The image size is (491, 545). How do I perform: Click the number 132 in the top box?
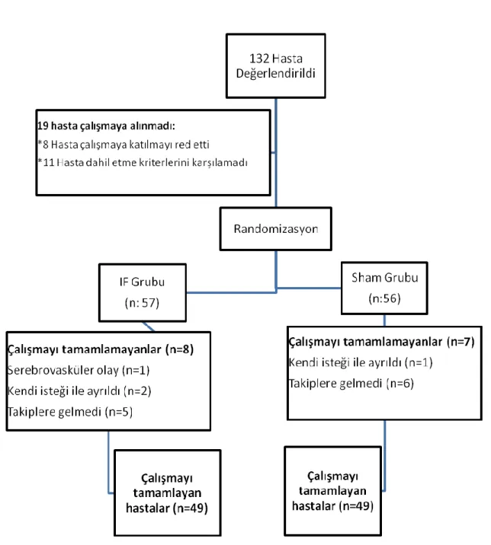pos(259,59)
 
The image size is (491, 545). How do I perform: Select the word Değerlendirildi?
pos(276,74)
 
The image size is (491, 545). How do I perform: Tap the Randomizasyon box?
pos(276,228)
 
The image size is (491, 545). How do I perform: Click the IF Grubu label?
pos(142,282)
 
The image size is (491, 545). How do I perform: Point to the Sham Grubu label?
pos(385,277)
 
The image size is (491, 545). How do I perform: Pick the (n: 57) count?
pos(142,303)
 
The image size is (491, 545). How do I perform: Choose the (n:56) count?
pos(385,298)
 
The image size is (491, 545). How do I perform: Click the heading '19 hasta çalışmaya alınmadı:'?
pos(106,126)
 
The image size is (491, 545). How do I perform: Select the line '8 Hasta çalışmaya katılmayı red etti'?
pos(124,145)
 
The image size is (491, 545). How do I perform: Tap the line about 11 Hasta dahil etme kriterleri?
pos(143,162)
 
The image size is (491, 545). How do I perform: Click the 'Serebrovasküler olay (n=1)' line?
pos(79,370)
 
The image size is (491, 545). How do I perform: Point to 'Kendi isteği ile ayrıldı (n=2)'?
pos(79,391)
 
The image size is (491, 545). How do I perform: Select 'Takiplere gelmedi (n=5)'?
pos(70,412)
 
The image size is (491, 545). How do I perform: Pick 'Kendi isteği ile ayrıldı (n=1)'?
pos(361,362)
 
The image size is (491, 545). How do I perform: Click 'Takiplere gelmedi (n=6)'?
pos(351,384)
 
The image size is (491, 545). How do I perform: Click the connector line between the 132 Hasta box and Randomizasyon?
pos(276,152)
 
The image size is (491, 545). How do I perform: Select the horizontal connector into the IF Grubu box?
pos(232,292)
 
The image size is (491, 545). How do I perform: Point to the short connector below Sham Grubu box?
pos(384,320)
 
